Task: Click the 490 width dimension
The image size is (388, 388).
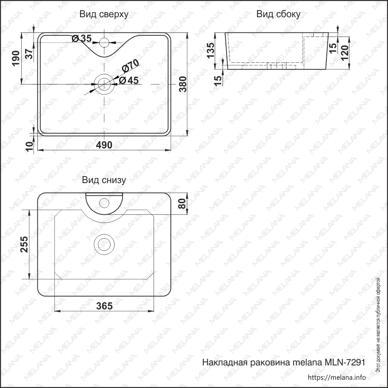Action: click(x=104, y=145)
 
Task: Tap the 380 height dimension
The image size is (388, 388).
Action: click(x=183, y=84)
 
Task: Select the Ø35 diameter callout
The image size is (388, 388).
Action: click(x=82, y=38)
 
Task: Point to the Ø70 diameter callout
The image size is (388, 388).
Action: click(x=131, y=66)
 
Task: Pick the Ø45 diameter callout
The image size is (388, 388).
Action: click(x=129, y=80)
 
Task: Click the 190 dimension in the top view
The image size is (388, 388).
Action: click(x=16, y=58)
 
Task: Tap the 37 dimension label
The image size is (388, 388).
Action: click(x=29, y=54)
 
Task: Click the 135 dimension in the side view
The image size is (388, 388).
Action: click(x=211, y=51)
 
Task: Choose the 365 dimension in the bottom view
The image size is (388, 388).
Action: click(x=104, y=306)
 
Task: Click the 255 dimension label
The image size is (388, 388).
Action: click(x=24, y=244)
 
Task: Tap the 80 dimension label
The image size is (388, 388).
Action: click(x=182, y=203)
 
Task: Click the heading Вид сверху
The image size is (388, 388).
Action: click(x=104, y=14)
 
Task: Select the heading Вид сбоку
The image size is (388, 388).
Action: click(x=278, y=14)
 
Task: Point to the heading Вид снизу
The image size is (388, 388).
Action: click(x=104, y=180)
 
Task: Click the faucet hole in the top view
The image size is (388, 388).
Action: click(x=104, y=42)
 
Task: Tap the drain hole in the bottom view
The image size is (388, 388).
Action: click(x=104, y=244)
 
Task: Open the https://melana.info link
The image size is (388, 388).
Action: click(x=337, y=377)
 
